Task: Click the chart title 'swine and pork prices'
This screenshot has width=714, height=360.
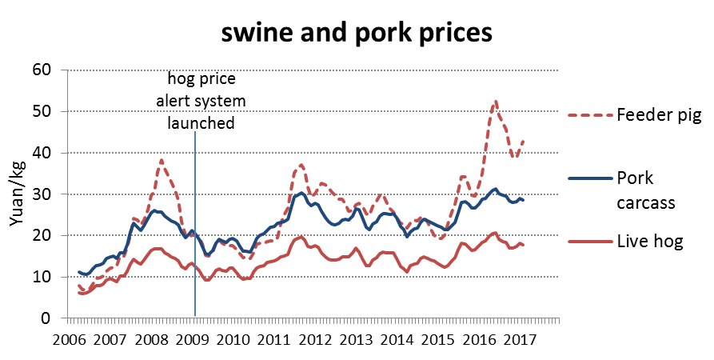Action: click(356, 34)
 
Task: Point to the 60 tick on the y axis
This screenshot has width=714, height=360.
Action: click(40, 70)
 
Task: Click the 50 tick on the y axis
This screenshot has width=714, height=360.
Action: click(40, 111)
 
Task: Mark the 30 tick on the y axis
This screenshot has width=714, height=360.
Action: click(40, 194)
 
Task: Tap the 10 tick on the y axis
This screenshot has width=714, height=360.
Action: click(40, 277)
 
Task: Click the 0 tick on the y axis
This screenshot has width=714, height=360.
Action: click(45, 318)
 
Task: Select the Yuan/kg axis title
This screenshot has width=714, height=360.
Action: click(17, 194)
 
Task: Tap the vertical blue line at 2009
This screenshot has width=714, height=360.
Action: click(195, 240)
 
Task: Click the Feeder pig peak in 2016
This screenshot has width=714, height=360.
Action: click(496, 102)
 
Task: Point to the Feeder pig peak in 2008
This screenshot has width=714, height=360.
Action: click(162, 160)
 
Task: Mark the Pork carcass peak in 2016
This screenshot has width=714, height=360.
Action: click(496, 190)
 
